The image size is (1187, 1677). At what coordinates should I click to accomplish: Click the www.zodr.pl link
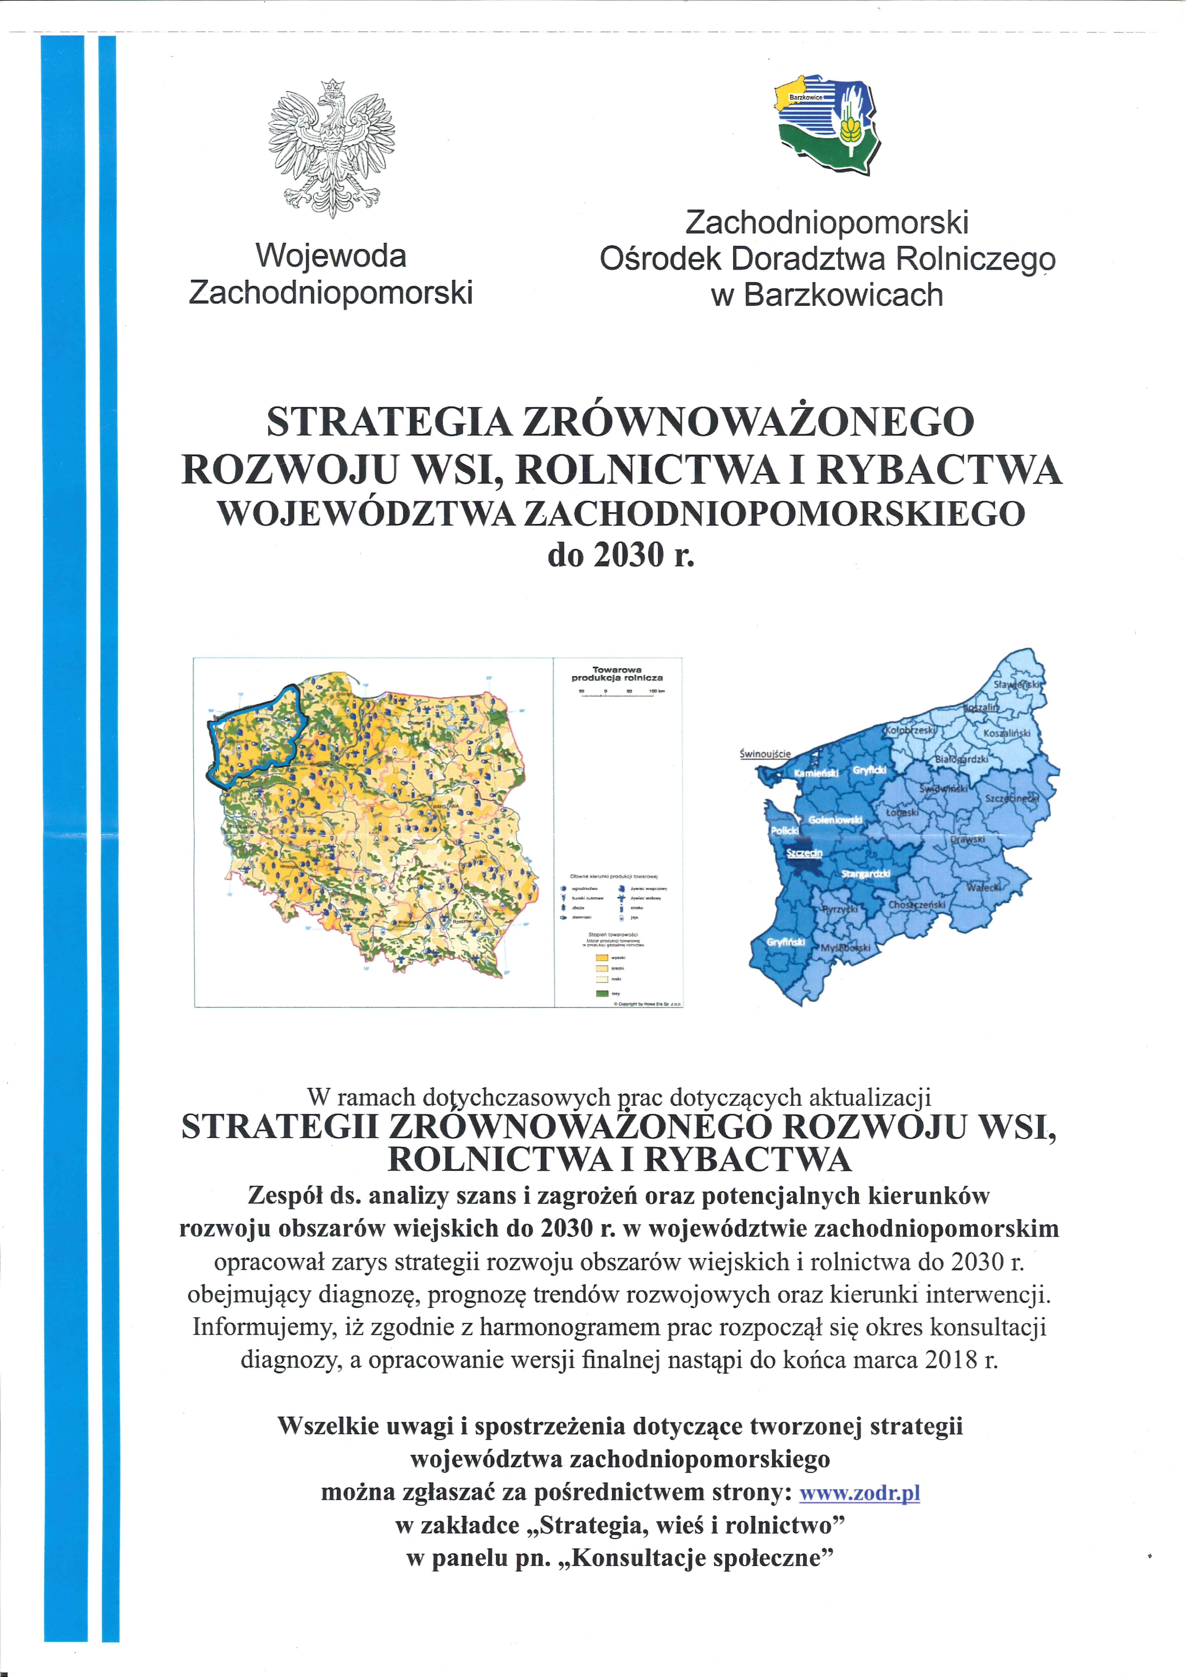(x=860, y=1492)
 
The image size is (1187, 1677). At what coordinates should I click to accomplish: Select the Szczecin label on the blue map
(x=804, y=853)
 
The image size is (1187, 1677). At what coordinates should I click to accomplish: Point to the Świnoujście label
(x=764, y=753)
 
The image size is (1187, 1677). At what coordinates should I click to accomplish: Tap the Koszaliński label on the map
(x=1006, y=733)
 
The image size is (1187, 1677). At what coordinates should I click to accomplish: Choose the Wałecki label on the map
(x=983, y=887)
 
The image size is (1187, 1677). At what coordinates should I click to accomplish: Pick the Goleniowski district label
(x=835, y=820)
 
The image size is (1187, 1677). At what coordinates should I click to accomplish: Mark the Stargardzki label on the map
(x=865, y=874)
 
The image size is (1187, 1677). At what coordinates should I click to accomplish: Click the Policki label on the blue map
(x=784, y=831)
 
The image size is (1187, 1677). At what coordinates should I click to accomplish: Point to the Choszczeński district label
(x=917, y=905)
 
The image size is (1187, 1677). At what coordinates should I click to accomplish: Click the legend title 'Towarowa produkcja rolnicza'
(x=617, y=673)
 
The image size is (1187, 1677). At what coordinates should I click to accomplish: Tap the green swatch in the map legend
(x=602, y=993)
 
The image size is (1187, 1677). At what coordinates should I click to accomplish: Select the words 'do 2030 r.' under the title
(x=621, y=556)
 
